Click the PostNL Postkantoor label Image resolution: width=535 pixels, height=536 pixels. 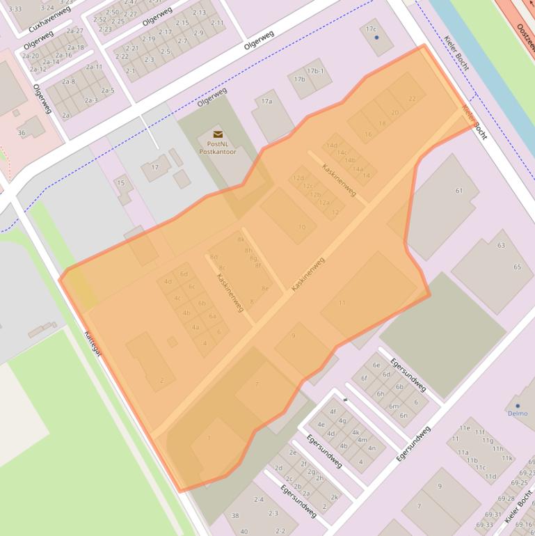tap(218, 147)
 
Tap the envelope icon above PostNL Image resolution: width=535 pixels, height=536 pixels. tap(218, 134)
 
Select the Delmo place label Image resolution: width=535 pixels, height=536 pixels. tap(517, 413)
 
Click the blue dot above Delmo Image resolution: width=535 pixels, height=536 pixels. tap(517, 405)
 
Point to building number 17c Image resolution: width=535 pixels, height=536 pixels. tap(371, 29)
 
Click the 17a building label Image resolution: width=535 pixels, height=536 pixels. tap(266, 102)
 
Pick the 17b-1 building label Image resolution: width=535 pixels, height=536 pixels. tap(315, 71)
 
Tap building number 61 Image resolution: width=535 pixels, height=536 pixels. tap(459, 191)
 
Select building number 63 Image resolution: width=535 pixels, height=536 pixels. tap(501, 245)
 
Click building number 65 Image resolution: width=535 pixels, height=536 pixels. tap(517, 267)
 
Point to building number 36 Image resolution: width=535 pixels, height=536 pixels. tap(22, 133)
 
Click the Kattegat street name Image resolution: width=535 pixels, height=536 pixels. tap(93, 342)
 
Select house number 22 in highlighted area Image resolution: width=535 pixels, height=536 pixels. tap(413, 99)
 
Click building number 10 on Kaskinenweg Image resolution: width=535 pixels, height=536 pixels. tap(301, 227)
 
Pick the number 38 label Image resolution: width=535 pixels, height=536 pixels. tap(235, 516)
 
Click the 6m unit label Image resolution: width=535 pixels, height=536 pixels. tap(394, 406)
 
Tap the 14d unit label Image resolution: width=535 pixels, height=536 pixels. tap(331, 145)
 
